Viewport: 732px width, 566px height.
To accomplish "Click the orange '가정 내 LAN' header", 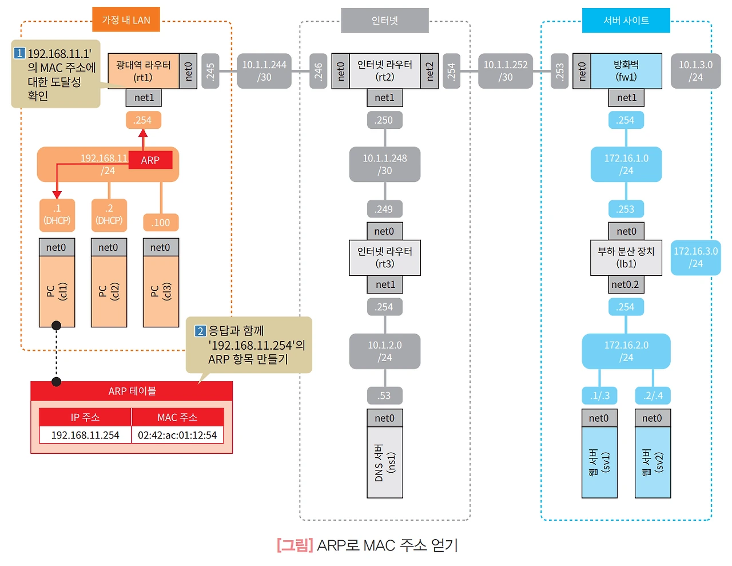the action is pos(126,19).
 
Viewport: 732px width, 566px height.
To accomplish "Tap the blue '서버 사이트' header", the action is pos(626,20).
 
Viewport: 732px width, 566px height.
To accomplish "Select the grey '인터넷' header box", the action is pos(385,20).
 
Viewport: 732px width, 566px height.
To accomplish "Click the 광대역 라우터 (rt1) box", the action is pos(144,71).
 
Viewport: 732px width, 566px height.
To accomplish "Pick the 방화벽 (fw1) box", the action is pos(626,71).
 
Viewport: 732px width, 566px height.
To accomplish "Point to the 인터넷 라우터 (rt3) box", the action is pos(385,258).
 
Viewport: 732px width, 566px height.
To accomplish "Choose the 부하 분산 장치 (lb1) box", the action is pos(626,258).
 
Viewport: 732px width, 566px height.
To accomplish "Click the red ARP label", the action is pos(150,160).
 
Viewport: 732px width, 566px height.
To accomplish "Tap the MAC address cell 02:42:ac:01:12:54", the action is pos(177,435).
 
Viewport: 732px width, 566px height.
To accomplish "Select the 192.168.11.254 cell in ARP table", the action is pos(85,435).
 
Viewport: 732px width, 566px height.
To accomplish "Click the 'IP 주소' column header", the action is pos(85,417).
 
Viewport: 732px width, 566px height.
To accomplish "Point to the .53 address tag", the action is pos(385,395).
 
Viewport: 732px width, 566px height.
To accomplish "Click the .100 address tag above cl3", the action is pos(161,223).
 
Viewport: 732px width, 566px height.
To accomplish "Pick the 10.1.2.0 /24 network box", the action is pos(385,351).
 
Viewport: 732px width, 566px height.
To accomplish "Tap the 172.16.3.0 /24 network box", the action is pos(695,258).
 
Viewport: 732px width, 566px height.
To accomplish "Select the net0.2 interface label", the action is pos(626,284).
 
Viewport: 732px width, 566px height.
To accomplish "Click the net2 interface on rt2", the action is pos(429,71).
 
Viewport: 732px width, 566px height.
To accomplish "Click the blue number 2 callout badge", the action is pos(200,331).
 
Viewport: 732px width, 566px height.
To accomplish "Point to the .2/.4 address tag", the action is pos(653,395).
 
